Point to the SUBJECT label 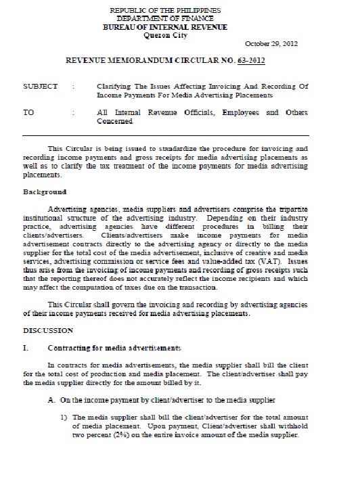point(40,87)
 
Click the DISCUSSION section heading point(48,331)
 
